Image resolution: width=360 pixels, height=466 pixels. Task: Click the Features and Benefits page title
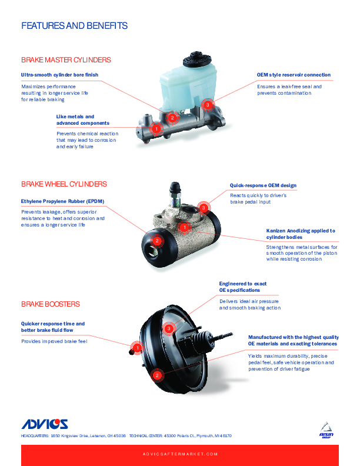pyautogui.click(x=74, y=25)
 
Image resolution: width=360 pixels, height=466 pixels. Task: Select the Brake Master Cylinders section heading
pyautogui.click(x=66, y=60)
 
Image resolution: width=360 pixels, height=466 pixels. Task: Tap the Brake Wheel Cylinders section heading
pyautogui.click(x=64, y=184)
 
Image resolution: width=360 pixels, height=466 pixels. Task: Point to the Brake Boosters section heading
pyautogui.click(x=51, y=304)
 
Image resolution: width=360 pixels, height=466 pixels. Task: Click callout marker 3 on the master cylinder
pyautogui.click(x=208, y=105)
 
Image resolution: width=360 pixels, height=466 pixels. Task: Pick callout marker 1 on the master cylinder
pyautogui.click(x=156, y=129)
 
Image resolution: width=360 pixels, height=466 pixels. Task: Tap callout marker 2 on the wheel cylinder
pyautogui.click(x=157, y=241)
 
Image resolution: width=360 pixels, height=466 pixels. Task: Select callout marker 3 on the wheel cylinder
pyautogui.click(x=204, y=208)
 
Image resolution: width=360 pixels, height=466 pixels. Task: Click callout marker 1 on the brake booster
pyautogui.click(x=137, y=348)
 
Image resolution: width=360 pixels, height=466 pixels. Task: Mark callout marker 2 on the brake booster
pyautogui.click(x=157, y=375)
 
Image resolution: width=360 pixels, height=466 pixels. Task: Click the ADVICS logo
pyautogui.click(x=45, y=424)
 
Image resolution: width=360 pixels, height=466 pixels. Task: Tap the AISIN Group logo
pyautogui.click(x=326, y=430)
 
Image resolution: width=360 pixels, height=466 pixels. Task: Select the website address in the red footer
pyautogui.click(x=180, y=454)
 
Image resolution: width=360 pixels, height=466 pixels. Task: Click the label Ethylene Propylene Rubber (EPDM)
pyautogui.click(x=63, y=201)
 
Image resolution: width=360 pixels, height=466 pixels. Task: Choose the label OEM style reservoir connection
pyautogui.click(x=294, y=75)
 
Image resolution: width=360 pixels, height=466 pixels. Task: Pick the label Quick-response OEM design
pyautogui.click(x=263, y=185)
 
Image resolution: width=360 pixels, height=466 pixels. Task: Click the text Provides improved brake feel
pyautogui.click(x=54, y=341)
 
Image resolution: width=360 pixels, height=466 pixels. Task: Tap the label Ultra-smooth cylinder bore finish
pyautogui.click(x=59, y=75)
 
